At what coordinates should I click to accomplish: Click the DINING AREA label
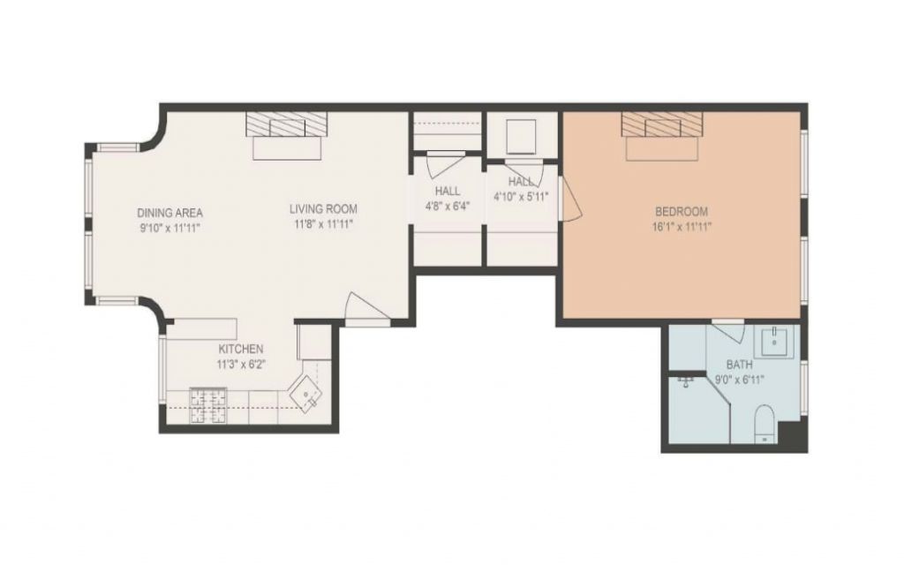coord(170,213)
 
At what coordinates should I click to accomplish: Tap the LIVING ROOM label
coord(323,208)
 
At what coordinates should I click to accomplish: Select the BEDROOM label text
coord(682,211)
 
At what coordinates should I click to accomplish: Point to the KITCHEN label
coord(241,349)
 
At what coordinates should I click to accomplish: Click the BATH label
coord(739,365)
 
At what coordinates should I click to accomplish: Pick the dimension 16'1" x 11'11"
coord(682,227)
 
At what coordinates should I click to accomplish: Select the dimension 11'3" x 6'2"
coord(241,365)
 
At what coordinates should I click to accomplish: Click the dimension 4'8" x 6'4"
coord(445,206)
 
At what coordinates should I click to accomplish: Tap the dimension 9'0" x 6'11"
coord(740,380)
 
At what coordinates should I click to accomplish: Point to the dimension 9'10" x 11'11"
coord(170,229)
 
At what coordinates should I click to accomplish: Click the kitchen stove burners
coord(207,405)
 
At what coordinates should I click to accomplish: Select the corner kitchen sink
coord(306,392)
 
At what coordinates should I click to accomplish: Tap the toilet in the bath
coord(765,424)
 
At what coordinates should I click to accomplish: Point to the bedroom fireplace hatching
coord(662,124)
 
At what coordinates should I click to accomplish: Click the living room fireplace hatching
coord(287,124)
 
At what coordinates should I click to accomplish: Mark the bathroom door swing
coord(727,333)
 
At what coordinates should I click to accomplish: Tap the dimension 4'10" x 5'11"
coord(521,196)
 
